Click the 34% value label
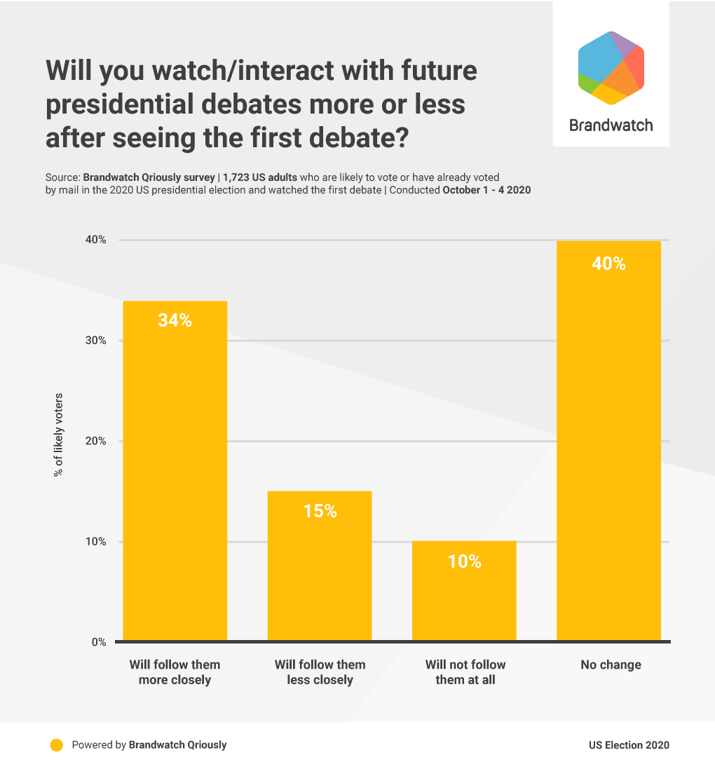pyautogui.click(x=175, y=320)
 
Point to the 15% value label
pyautogui.click(x=320, y=511)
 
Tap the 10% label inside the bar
pyautogui.click(x=464, y=562)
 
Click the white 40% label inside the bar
pyautogui.click(x=608, y=264)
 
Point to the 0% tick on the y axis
pyautogui.click(x=97, y=642)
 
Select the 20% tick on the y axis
pyautogui.click(x=95, y=441)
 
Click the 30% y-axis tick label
pyautogui.click(x=95, y=341)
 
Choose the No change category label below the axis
pyautogui.click(x=611, y=665)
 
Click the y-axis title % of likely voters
pyautogui.click(x=58, y=435)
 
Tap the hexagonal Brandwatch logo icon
pyautogui.click(x=611, y=68)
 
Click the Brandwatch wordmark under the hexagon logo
pyautogui.click(x=611, y=125)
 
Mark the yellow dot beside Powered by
pyautogui.click(x=57, y=745)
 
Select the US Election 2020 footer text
pyautogui.click(x=629, y=745)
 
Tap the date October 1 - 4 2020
pyautogui.click(x=486, y=190)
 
